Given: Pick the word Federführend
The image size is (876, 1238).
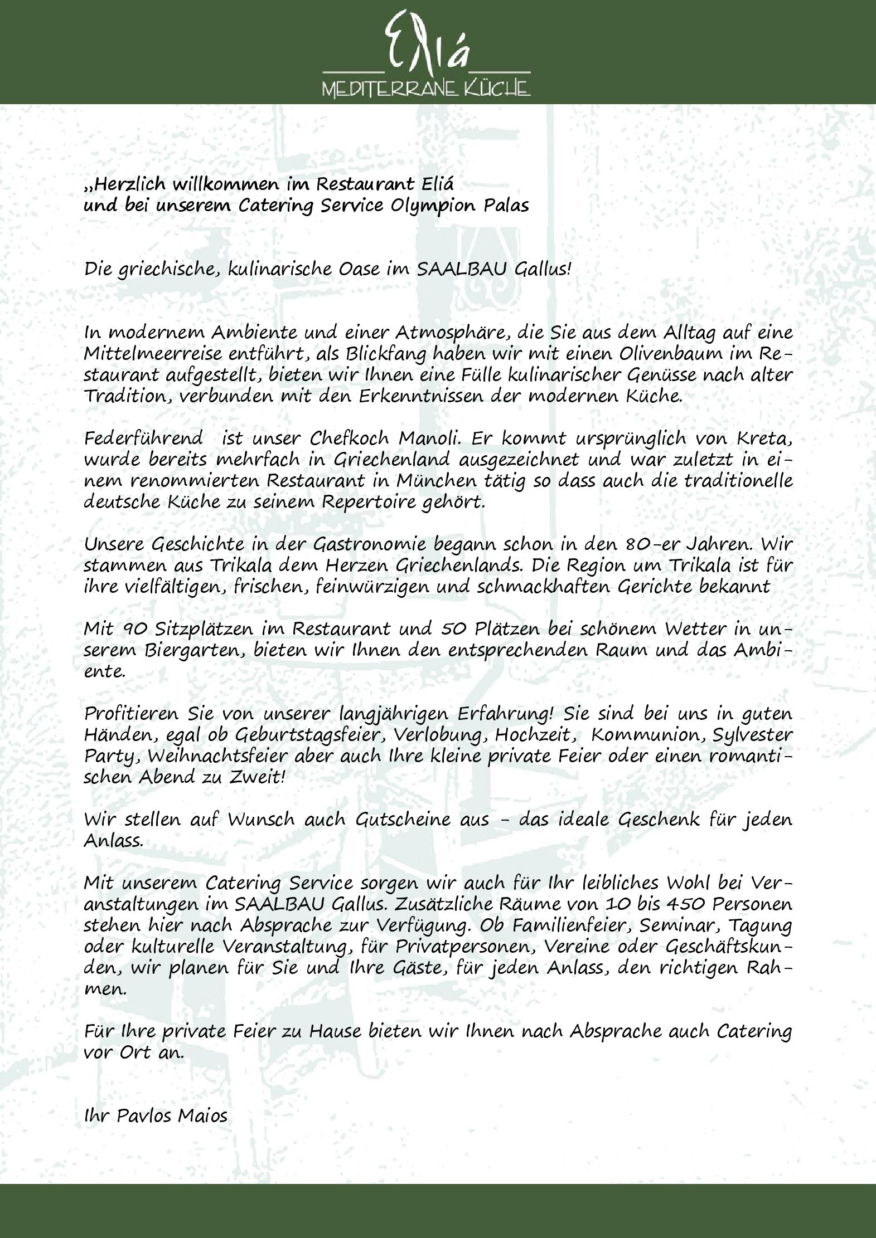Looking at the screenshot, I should [x=145, y=438].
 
